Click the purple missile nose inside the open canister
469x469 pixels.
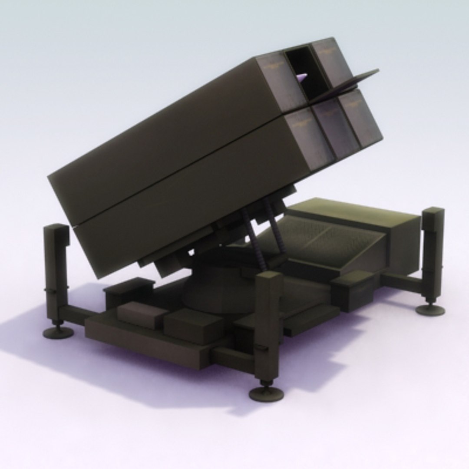[x=303, y=77]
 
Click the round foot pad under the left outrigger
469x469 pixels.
[x=58, y=333]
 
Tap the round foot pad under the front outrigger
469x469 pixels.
[x=266, y=393]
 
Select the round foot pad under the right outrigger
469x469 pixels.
[x=430, y=310]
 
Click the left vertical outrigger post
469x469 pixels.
[x=56, y=269]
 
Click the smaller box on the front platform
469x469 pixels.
[x=141, y=314]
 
